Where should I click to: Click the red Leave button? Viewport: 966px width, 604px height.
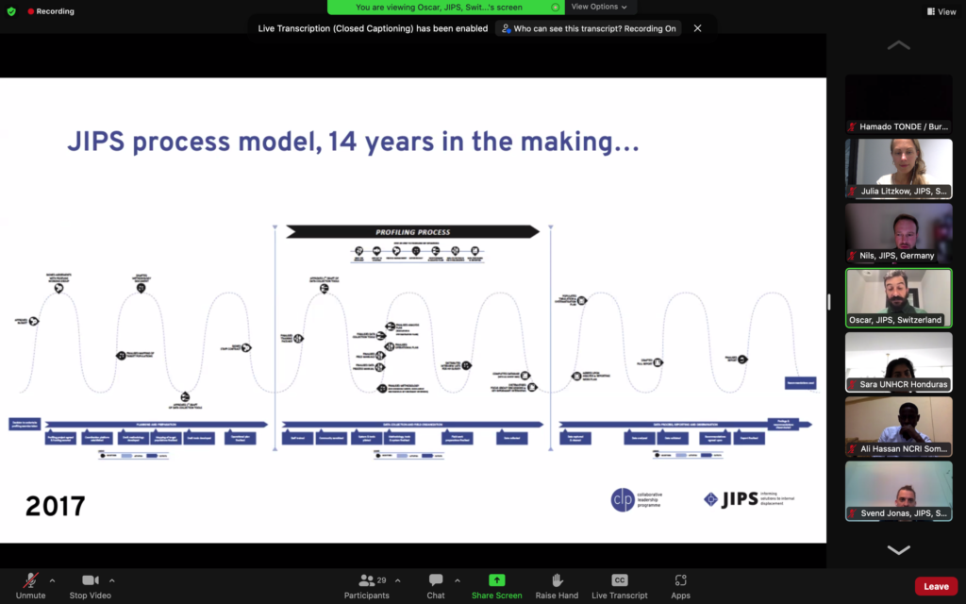(x=936, y=586)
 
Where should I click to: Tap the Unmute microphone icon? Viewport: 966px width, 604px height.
(x=30, y=579)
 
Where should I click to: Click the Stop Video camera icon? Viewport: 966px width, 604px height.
(x=91, y=579)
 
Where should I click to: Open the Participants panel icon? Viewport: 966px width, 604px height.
(x=367, y=579)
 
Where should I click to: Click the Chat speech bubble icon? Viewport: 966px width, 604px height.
(x=436, y=579)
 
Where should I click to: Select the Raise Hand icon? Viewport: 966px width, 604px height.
(x=558, y=579)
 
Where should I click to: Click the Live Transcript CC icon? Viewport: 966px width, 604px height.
(x=620, y=579)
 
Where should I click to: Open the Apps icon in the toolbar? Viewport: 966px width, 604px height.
(x=680, y=579)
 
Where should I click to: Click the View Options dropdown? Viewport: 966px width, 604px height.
(x=599, y=7)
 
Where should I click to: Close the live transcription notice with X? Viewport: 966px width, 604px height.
(x=698, y=28)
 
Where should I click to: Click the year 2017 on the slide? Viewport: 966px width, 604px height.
(x=55, y=506)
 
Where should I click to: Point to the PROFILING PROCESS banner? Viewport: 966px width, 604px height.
(x=412, y=231)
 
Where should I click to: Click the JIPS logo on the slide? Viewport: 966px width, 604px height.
(x=737, y=498)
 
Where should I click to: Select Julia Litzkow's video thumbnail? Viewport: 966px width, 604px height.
(x=898, y=168)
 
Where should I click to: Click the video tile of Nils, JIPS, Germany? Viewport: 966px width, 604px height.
(x=898, y=232)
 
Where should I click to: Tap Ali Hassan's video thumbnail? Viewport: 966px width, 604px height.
(x=898, y=426)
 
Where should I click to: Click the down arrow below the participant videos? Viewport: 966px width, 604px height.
(x=898, y=550)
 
